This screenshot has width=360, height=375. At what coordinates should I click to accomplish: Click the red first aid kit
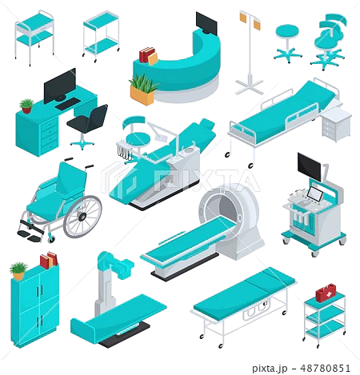pyautogui.click(x=326, y=293)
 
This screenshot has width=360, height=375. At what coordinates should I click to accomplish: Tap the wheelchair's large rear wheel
pyautogui.click(x=82, y=217)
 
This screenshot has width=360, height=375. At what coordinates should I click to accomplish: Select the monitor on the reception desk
pyautogui.click(x=206, y=23)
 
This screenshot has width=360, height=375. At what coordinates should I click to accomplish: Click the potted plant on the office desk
pyautogui.click(x=26, y=106)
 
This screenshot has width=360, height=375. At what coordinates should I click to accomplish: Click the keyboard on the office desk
pyautogui.click(x=67, y=104)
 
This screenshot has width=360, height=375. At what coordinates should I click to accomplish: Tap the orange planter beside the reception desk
pyautogui.click(x=142, y=95)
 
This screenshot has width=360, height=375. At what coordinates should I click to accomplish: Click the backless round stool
pyautogui.click(x=287, y=42)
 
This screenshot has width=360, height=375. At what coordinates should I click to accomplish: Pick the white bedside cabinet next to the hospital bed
pyautogui.click(x=337, y=124)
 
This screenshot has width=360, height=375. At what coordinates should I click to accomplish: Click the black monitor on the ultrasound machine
pyautogui.click(x=310, y=167)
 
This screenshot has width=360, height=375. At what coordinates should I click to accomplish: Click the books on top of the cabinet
pyautogui.click(x=49, y=260)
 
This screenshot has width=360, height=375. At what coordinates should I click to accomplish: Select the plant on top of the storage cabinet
pyautogui.click(x=18, y=270)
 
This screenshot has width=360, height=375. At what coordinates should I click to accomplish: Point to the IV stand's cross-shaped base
pyautogui.click(x=250, y=87)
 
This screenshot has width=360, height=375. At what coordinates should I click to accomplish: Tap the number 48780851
pyautogui.click(x=326, y=368)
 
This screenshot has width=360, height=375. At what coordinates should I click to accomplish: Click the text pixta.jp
pyautogui.click(x=270, y=369)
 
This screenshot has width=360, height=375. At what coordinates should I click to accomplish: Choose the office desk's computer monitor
pyautogui.click(x=60, y=86)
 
